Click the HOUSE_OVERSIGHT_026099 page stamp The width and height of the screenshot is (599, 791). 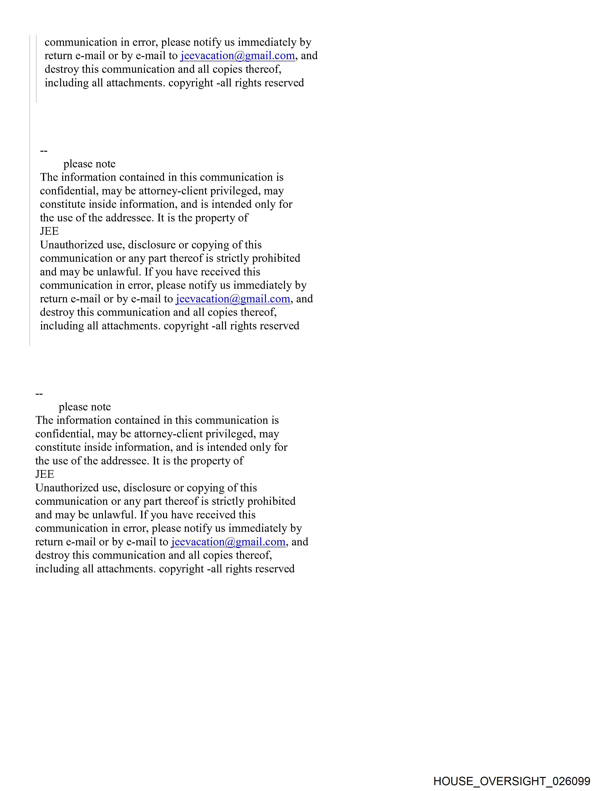click(511, 781)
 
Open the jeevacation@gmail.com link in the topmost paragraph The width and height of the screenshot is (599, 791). click(237, 56)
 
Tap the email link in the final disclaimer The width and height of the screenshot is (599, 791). click(228, 542)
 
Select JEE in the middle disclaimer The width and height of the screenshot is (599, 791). click(49, 231)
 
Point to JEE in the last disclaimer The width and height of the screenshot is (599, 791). click(44, 474)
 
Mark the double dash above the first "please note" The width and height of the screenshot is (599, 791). click(44, 150)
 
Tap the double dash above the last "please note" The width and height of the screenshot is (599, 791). click(39, 394)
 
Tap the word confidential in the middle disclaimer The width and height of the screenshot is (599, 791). click(67, 191)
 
